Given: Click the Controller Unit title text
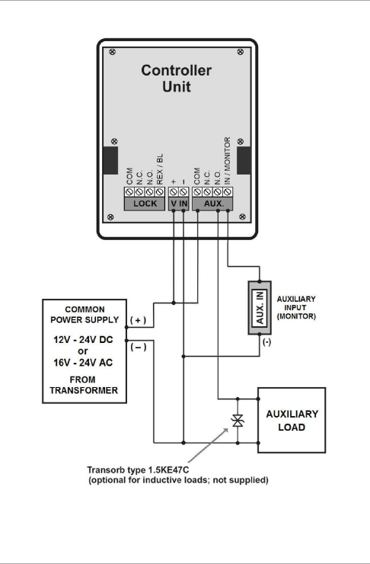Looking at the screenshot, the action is (x=177, y=79).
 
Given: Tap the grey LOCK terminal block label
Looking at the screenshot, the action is (x=145, y=203).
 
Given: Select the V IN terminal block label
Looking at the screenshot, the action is (x=179, y=203).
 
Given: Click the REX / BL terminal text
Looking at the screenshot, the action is (x=160, y=169).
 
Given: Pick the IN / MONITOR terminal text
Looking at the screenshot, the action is (x=227, y=161).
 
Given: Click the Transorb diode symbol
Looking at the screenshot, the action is (x=238, y=421).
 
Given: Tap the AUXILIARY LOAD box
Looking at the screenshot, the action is (x=292, y=420).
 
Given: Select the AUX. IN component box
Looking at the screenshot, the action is (x=260, y=308).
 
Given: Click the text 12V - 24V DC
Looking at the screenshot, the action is (x=83, y=340).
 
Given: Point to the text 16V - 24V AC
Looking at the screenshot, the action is (x=83, y=363).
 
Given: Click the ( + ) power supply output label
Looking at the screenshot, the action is (x=138, y=320).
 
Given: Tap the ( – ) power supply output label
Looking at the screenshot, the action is (x=139, y=347).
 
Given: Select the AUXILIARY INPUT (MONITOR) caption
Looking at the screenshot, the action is (x=296, y=308).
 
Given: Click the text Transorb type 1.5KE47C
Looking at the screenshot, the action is (x=138, y=469).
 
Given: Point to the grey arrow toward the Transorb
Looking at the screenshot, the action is (x=208, y=445).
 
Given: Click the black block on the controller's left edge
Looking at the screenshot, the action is (x=110, y=160).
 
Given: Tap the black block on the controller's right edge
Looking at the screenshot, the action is (x=244, y=160).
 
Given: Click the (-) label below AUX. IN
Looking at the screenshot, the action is (x=266, y=341).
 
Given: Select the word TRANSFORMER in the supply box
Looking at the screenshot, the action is (x=84, y=390).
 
